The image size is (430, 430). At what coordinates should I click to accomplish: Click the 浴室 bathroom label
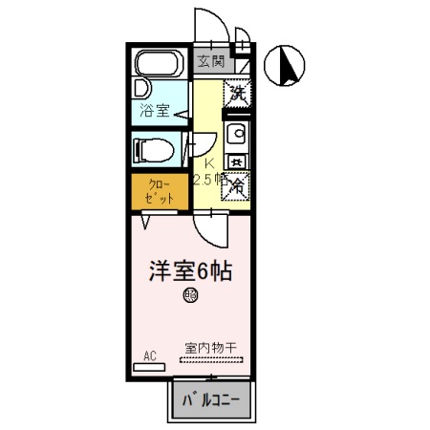(x=155, y=110)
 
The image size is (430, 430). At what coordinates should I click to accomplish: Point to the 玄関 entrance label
(x=211, y=62)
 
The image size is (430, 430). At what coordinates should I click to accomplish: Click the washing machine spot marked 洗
(x=237, y=95)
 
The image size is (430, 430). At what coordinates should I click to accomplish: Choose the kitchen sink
(x=238, y=133)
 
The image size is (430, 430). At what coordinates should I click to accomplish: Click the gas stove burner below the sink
(x=238, y=159)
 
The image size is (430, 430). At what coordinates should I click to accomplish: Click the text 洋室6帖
(x=191, y=269)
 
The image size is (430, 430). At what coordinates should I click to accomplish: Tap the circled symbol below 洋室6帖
(x=190, y=295)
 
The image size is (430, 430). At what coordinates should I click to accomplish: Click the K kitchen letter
(x=207, y=161)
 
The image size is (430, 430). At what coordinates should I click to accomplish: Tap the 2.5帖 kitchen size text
(x=208, y=179)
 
